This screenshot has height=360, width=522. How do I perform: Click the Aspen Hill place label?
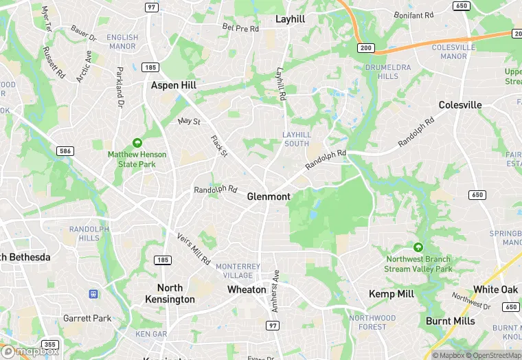(x=174, y=85)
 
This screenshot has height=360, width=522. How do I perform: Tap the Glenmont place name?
(x=269, y=196)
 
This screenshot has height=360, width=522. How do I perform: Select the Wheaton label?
(x=247, y=290)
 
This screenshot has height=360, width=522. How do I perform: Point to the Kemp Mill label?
(x=391, y=294)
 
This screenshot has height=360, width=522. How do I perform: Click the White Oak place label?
(x=495, y=290)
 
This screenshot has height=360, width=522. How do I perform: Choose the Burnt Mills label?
(x=450, y=321)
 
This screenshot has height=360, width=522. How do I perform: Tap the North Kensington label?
(x=170, y=293)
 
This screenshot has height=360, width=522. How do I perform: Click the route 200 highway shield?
(x=365, y=47)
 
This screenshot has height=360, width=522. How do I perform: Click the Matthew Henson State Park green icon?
(x=137, y=143)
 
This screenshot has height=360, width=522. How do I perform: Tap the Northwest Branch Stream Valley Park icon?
(x=418, y=247)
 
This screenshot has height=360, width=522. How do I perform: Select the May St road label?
(x=188, y=122)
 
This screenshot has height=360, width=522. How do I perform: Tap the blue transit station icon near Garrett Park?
(x=93, y=293)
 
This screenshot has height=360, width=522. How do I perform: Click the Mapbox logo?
(x=29, y=351)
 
